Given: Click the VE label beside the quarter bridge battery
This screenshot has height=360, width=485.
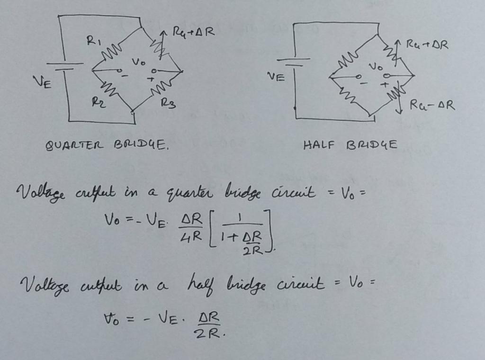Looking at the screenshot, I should click(x=43, y=83).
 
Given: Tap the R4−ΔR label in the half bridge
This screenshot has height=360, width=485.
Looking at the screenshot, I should click(x=432, y=105).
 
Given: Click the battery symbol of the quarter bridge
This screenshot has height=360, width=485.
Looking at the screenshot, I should click(x=64, y=67).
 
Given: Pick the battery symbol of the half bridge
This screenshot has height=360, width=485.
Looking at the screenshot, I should click(x=294, y=62).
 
